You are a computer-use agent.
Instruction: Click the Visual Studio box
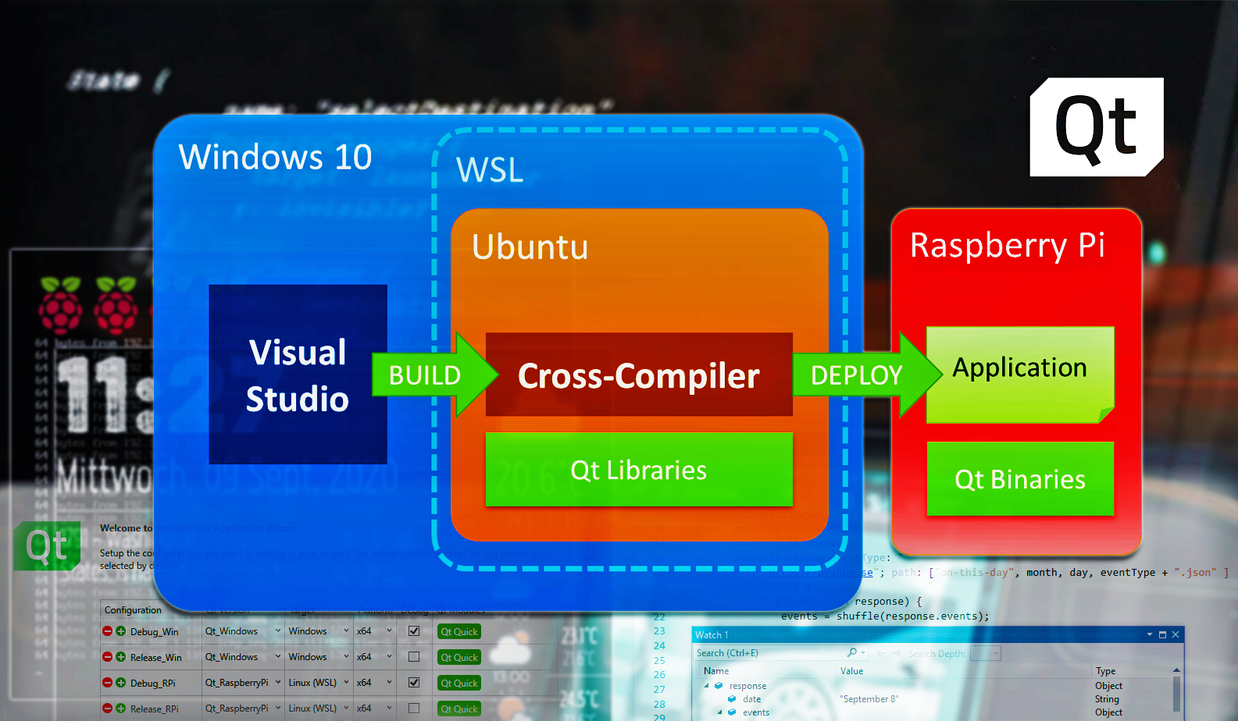coord(298,375)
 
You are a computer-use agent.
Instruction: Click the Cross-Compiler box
coord(639,375)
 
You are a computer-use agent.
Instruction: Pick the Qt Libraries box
coord(639,470)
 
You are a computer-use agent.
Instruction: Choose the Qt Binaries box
coord(1020,479)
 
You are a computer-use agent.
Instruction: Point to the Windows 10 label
coord(275,157)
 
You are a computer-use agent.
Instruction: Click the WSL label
coord(490,170)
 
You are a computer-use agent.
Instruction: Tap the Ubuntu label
coord(530,247)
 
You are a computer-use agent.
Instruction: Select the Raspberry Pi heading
coord(1008,245)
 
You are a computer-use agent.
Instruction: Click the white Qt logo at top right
coord(1097,127)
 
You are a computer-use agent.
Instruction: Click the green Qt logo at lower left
coord(47,545)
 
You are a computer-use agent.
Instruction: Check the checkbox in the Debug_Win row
coord(414,631)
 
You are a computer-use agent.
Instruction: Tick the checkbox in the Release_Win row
coord(414,657)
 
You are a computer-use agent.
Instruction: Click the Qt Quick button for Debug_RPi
coord(459,683)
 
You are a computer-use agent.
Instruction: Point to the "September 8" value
coord(869,699)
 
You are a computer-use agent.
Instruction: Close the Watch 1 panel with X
coord(1176,635)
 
